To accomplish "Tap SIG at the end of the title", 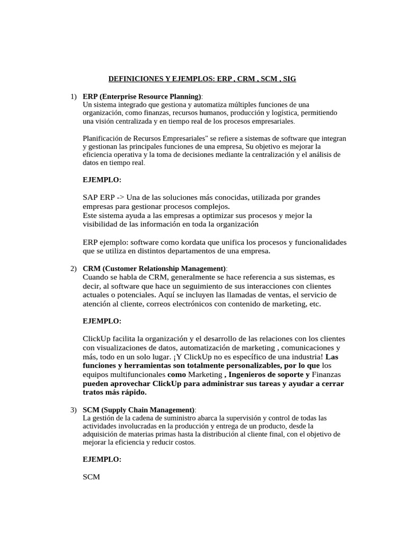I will point(289,78).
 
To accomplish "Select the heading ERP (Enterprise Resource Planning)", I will point(142,97).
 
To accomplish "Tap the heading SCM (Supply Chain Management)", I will point(139,410).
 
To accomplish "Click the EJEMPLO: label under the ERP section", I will point(102,180).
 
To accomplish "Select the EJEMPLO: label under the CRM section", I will point(102,321).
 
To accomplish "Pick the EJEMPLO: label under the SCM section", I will point(102,460).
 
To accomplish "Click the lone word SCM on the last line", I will point(92,477).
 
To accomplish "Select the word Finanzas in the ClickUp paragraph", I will point(326,374).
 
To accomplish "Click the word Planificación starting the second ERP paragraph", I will point(103,138).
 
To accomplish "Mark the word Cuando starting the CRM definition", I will point(96,277).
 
